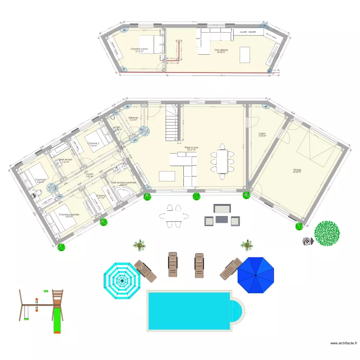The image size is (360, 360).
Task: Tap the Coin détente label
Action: coord(221,50)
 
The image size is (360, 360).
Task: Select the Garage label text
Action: coord(298,170)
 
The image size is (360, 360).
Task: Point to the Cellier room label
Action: coord(262,133)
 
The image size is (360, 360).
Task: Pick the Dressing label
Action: coord(101,196)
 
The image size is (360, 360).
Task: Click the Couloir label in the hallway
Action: coord(89,174)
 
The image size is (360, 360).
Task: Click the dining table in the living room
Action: coord(222,162)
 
